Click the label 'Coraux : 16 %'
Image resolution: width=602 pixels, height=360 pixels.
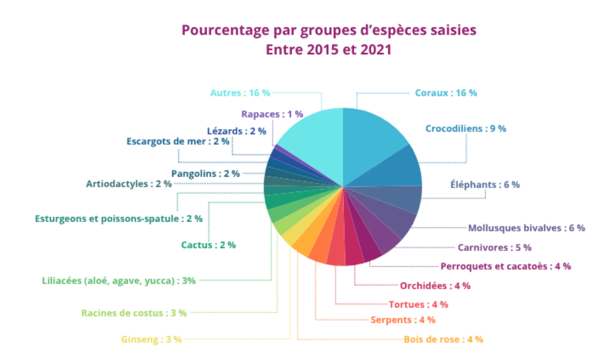tap(446, 93)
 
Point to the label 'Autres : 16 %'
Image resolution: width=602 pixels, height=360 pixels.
tap(240, 93)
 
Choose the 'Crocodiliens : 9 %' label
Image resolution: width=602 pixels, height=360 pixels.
tap(466, 129)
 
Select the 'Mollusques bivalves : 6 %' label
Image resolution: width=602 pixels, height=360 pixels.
tap(526, 227)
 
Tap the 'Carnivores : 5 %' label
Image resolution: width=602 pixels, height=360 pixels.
tap(495, 247)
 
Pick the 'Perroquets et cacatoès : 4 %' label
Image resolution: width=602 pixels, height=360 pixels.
tap(505, 266)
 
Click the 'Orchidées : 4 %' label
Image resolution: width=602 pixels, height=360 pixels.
tap(435, 286)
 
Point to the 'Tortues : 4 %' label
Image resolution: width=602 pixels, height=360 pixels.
tap(418, 304)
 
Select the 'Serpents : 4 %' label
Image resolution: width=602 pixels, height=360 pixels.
tap(403, 320)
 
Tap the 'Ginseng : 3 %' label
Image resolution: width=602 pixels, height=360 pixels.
tap(151, 339)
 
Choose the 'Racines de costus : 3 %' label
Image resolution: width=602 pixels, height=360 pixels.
tap(134, 312)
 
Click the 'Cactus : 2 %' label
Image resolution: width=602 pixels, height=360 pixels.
tap(208, 245)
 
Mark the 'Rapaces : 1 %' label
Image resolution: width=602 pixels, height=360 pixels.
tap(272, 114)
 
